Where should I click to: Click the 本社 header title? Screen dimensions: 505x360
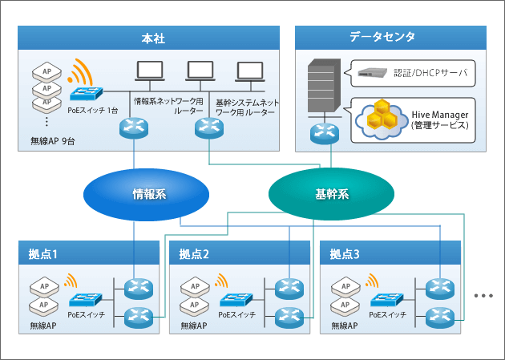[x=153, y=38]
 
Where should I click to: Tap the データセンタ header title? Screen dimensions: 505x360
[x=382, y=37]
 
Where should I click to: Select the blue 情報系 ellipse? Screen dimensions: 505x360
[x=146, y=195]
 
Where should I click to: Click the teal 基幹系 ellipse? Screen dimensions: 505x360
[x=331, y=194]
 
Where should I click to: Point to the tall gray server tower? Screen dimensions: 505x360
[x=325, y=85]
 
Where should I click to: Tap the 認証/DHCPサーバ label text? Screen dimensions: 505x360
[x=430, y=73]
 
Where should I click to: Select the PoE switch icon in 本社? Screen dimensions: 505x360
[x=87, y=94]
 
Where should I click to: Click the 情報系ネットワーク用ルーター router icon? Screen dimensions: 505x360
[x=134, y=127]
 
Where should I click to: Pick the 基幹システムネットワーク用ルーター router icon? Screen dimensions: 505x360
[x=209, y=127]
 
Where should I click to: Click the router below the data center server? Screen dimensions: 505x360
[x=325, y=133]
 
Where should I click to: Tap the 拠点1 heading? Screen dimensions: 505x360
[x=42, y=254]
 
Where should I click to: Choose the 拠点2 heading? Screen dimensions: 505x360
[x=194, y=254]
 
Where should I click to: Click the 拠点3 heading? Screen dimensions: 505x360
[x=345, y=254]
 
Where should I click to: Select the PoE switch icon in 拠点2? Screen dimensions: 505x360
[x=236, y=300]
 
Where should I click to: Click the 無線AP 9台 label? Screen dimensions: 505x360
[x=53, y=141]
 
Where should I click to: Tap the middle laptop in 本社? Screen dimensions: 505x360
[x=200, y=71]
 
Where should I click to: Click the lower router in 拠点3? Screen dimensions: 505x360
[x=440, y=318]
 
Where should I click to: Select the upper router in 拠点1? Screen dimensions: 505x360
[x=139, y=289]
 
